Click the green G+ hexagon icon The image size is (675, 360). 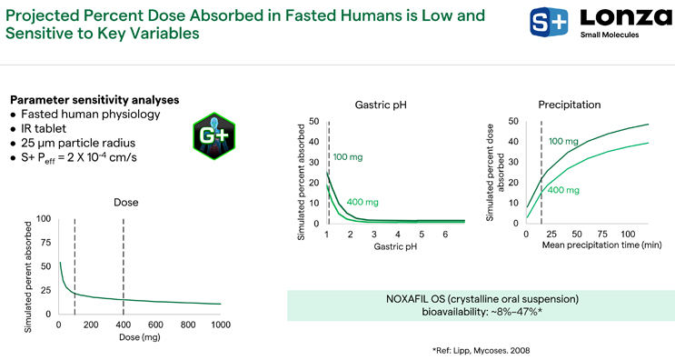pyautogui.click(x=214, y=136)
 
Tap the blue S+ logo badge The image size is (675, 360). pyautogui.click(x=549, y=22)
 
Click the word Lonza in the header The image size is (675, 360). pyautogui.click(x=626, y=17)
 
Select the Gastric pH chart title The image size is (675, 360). pyautogui.click(x=381, y=105)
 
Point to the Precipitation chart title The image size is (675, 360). pyautogui.click(x=569, y=105)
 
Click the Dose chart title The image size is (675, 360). pyautogui.click(x=126, y=203)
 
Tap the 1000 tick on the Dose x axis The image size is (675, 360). pyautogui.click(x=221, y=325)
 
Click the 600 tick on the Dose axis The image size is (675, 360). pyautogui.click(x=155, y=325)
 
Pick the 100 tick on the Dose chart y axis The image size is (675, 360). pyautogui.click(x=44, y=219)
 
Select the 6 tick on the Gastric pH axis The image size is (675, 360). pyautogui.click(x=445, y=235)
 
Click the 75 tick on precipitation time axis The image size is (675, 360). pyautogui.click(x=602, y=234)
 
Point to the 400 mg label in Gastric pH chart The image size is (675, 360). pyautogui.click(x=362, y=202)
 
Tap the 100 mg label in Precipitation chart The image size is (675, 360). pyautogui.click(x=563, y=141)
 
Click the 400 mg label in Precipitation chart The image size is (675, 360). pyautogui.click(x=563, y=190)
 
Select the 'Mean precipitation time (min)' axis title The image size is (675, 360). pyautogui.click(x=601, y=245)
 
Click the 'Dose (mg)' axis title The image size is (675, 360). pyautogui.click(x=140, y=337)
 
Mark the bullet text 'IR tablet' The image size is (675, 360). pyautogui.click(x=44, y=128)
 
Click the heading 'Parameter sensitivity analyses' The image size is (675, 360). pyautogui.click(x=94, y=100)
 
